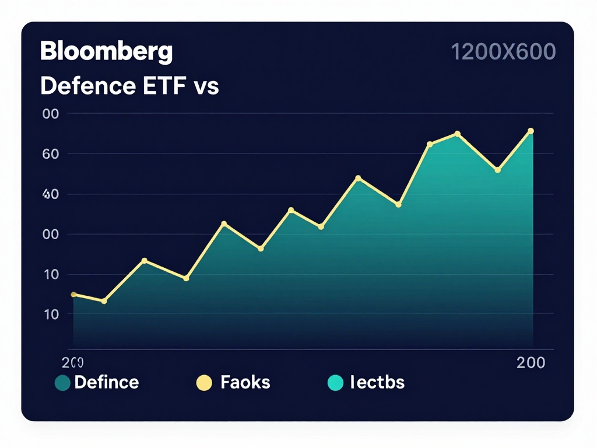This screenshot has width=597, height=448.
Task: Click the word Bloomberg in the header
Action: click(106, 52)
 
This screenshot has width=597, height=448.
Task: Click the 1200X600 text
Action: click(503, 52)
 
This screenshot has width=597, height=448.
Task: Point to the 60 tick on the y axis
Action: click(51, 154)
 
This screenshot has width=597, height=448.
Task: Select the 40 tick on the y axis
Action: click(51, 194)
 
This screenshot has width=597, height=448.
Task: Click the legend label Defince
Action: click(107, 383)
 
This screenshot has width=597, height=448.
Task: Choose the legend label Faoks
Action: click(245, 383)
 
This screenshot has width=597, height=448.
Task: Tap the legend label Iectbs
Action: click(377, 383)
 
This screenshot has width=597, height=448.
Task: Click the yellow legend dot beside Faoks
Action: click(203, 383)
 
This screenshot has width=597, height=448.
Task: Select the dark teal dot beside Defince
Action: click(62, 383)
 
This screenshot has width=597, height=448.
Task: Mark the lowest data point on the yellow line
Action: click(104, 301)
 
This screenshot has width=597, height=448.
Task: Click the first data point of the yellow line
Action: click(73, 295)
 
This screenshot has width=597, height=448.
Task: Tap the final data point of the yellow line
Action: click(531, 131)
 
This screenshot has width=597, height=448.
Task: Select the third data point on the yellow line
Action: click(145, 261)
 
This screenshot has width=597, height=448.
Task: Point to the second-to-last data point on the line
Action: click(497, 170)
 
